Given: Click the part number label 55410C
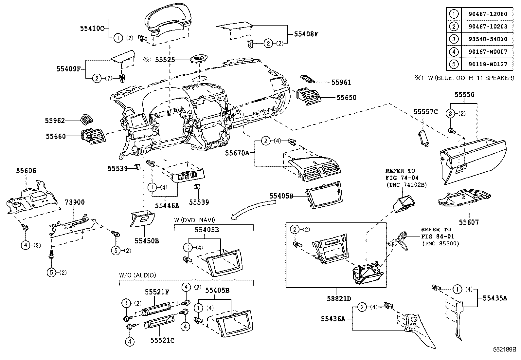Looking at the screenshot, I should point(92,28).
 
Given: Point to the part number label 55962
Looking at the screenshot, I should point(55,121).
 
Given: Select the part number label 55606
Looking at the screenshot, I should point(26,171).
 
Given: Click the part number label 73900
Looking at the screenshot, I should point(74,202).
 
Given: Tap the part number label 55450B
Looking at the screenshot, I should point(147,241).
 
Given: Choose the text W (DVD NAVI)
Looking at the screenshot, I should point(195,219).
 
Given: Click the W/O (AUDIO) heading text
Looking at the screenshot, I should point(137,275).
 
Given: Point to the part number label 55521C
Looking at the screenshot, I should point(162,341).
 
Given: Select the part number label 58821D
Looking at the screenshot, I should point(339,299).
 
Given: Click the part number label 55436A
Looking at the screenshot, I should point(333,319).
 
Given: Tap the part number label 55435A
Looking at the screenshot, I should point(495,298).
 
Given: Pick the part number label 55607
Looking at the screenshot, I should point(469,222).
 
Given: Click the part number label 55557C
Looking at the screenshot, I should point(425,112).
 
